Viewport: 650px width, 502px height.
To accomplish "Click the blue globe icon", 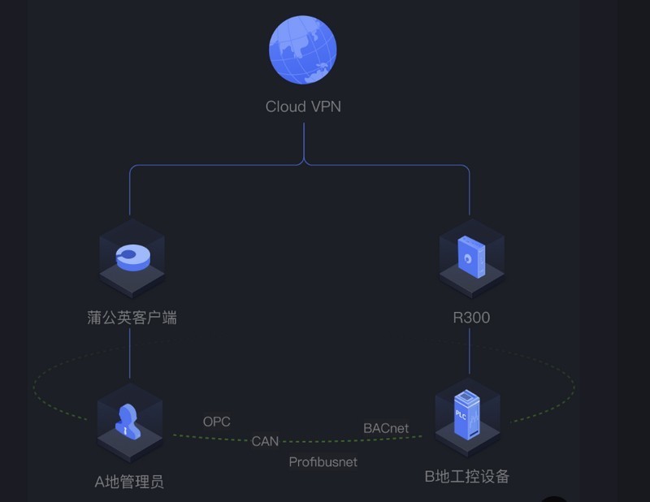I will (303, 50).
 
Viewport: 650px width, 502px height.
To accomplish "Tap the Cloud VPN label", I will (303, 106).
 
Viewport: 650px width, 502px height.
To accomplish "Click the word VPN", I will (325, 106).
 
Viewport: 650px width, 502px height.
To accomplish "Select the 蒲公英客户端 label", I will (132, 317).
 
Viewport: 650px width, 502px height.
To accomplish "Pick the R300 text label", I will (471, 318).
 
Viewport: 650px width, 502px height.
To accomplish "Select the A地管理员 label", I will (129, 482).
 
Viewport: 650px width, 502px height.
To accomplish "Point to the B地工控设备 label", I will (467, 477).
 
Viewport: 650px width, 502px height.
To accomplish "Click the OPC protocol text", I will (216, 422).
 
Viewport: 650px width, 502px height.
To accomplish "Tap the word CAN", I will (265, 441).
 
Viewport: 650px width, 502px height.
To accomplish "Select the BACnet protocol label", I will (386, 427).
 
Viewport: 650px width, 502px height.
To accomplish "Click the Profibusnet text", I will (323, 461).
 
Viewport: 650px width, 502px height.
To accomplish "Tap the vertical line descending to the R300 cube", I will (470, 191).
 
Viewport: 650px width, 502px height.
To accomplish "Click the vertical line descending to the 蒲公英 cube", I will (130, 191).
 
